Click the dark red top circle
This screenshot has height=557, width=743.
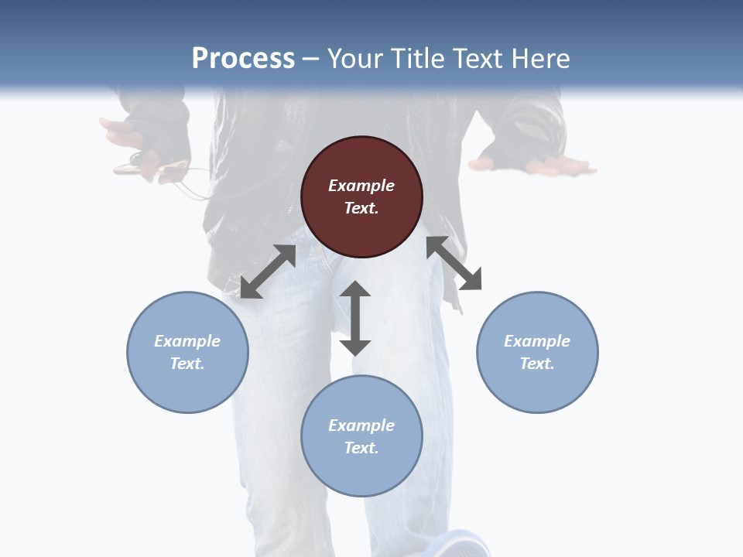[x=361, y=197]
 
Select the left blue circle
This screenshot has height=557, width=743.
[x=187, y=352]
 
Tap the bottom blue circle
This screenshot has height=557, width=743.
[x=361, y=436]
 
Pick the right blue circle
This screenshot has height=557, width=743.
[x=537, y=352]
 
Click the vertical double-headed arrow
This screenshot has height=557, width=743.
[x=355, y=318]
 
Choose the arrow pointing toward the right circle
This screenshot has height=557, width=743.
[x=454, y=263]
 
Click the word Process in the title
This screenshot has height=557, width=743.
[x=243, y=58]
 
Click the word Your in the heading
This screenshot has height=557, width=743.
[x=355, y=58]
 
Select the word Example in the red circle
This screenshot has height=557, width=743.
[x=361, y=186]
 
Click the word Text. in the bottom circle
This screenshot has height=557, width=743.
[x=361, y=448]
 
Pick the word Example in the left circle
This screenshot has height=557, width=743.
[x=187, y=341]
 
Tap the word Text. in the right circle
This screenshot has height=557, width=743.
[x=537, y=364]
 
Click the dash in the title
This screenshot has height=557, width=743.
[x=311, y=58]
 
